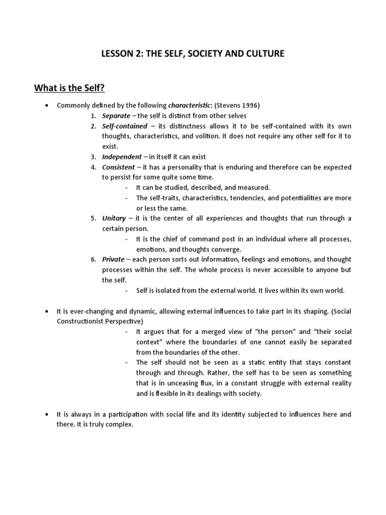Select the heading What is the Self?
click(x=69, y=89)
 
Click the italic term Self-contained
click(x=125, y=126)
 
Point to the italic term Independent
click(x=122, y=157)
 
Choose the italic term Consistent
click(x=118, y=167)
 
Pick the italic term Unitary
click(x=114, y=218)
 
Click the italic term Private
click(x=113, y=260)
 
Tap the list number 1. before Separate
click(x=93, y=116)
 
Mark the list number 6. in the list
click(x=93, y=260)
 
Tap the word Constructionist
click(x=81, y=321)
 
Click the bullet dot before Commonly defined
click(x=47, y=106)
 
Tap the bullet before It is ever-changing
click(x=47, y=311)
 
